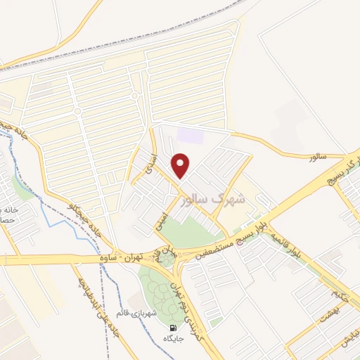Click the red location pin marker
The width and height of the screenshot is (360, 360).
182,165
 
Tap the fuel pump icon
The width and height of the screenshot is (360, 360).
173,328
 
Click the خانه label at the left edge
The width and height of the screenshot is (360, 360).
8,210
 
